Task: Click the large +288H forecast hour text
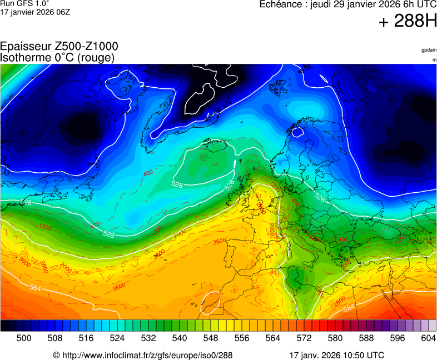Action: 408,22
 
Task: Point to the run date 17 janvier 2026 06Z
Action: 35,12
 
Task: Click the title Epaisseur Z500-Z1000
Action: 59,47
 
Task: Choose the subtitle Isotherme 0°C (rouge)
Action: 57,57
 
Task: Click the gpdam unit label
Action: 429,50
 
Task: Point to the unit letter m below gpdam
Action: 434,59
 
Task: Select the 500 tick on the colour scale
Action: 24,338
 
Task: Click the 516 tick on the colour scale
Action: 86,338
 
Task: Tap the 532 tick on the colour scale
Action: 148,338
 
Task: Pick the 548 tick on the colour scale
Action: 211,338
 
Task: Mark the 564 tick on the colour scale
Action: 273,338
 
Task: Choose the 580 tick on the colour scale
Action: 335,338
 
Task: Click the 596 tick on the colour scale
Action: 398,338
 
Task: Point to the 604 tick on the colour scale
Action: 428,338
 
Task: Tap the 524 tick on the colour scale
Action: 117,338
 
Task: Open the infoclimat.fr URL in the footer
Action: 147,355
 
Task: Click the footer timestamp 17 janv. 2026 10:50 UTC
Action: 336,355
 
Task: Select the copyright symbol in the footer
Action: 56,355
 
